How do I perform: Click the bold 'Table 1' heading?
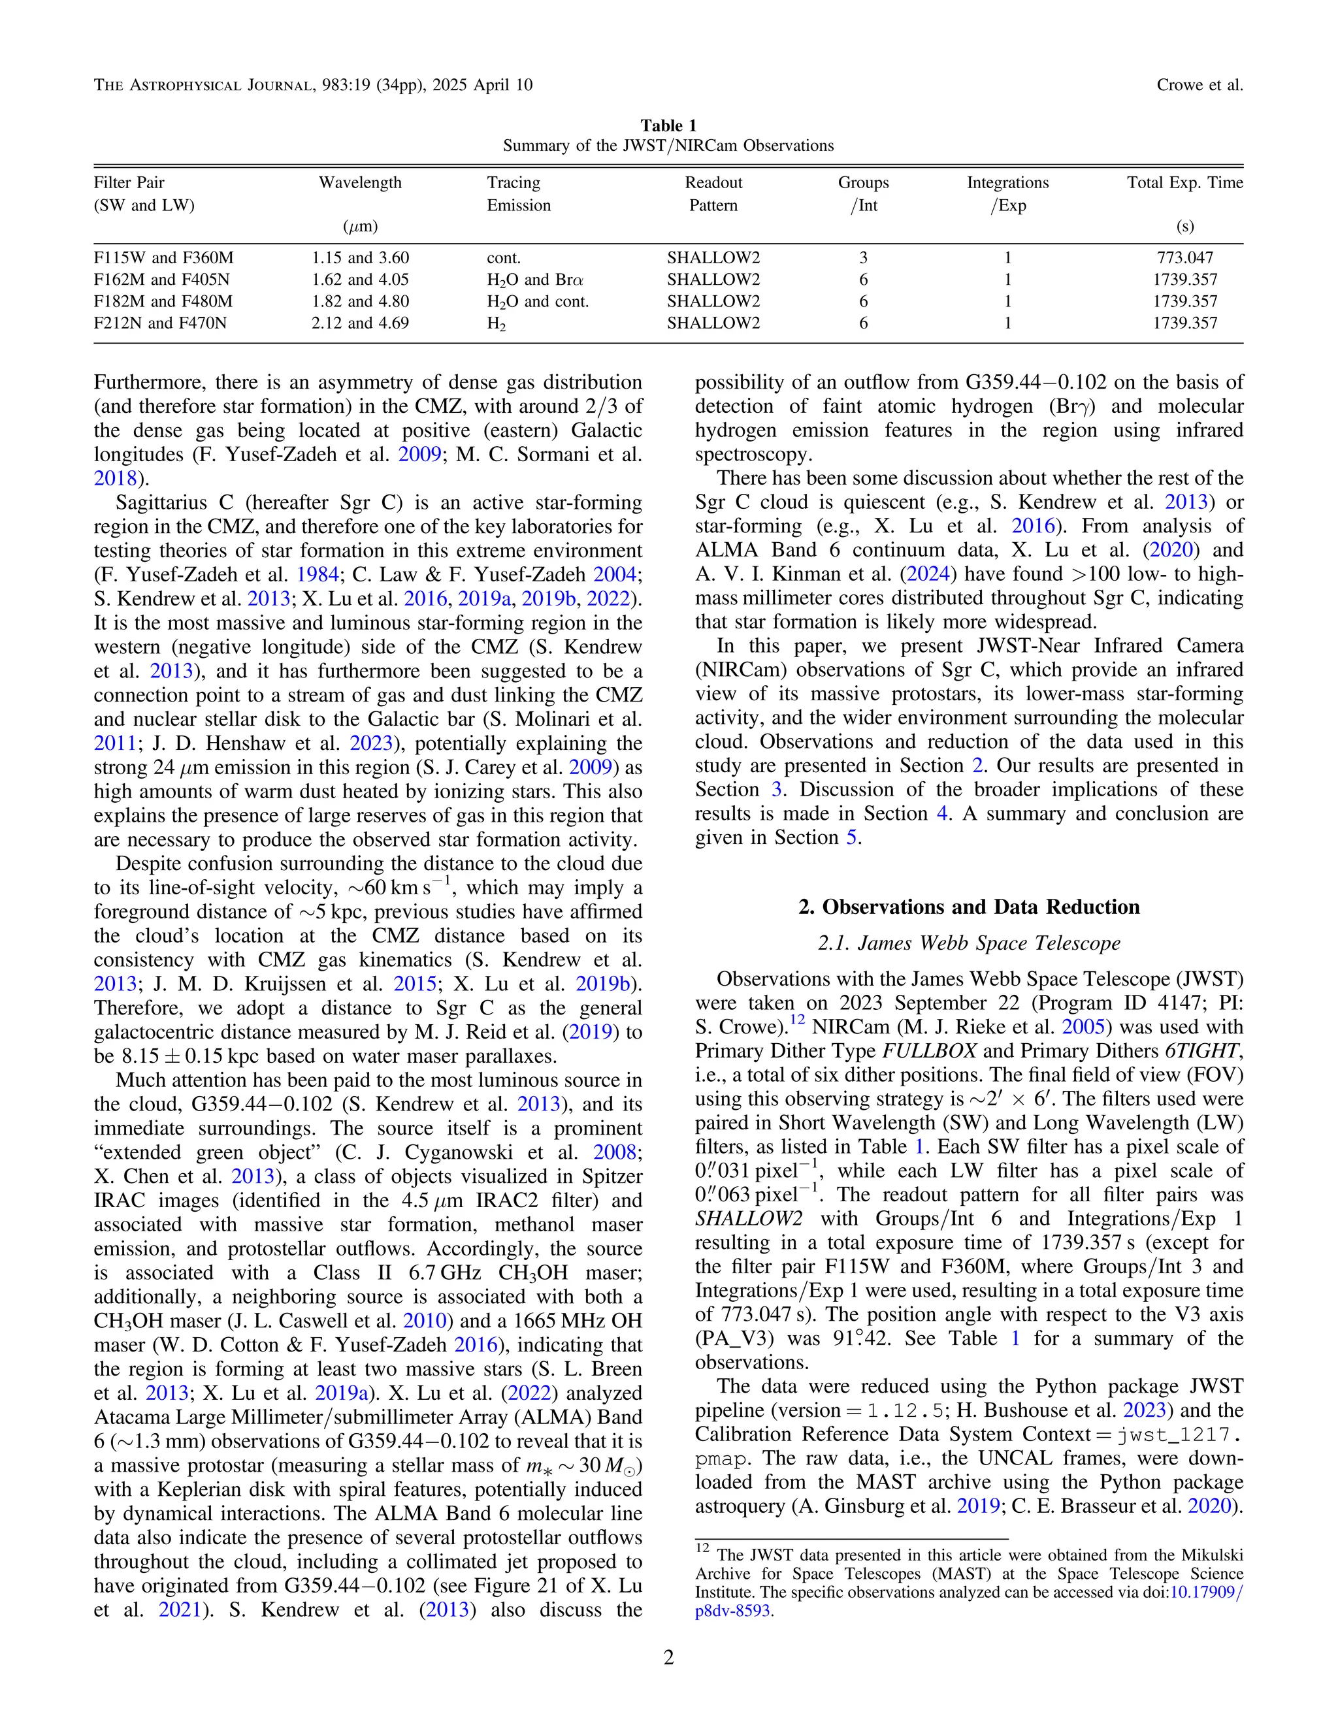tap(668, 126)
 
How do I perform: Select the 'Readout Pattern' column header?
tap(713, 193)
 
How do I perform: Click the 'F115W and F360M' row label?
tap(163, 257)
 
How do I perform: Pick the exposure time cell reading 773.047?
tap(1184, 257)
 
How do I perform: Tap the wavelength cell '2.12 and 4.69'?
tap(360, 323)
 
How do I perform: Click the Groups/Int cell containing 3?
tap(863, 257)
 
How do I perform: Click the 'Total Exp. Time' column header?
tap(1184, 182)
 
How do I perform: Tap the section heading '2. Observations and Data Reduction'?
tap(969, 907)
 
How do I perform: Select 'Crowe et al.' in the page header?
tap(1199, 85)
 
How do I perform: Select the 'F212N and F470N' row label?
tap(160, 323)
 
